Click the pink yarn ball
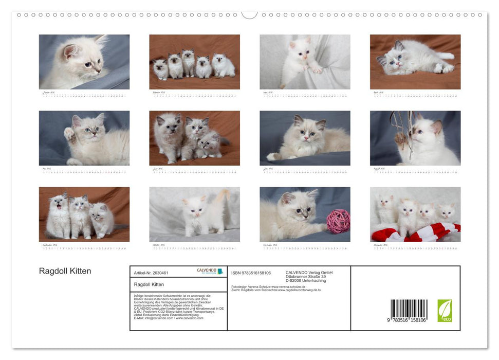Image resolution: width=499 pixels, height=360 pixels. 338,222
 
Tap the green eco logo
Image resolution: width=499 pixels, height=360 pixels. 445,311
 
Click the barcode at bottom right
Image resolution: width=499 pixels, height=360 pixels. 409,311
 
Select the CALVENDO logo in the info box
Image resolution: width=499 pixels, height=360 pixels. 210,271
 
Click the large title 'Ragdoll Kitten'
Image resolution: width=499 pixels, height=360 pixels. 65,271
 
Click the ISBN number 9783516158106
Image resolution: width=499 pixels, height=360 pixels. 251,273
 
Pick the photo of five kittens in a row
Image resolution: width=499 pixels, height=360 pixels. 194,62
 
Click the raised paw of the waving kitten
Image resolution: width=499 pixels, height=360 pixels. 69,133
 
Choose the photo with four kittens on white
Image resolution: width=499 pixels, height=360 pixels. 415,214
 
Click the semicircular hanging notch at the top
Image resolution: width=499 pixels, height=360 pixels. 249,14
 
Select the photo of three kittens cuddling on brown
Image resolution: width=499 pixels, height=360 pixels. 194,138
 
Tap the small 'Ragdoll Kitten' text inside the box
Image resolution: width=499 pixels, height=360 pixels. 149,284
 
